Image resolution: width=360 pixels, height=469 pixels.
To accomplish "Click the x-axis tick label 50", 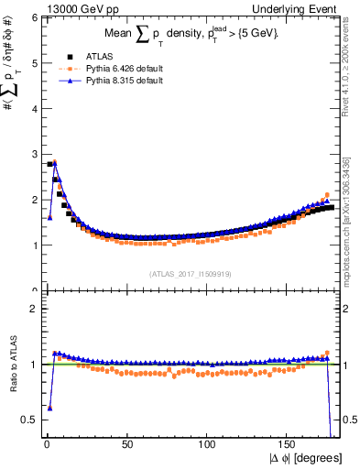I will coord(127,444).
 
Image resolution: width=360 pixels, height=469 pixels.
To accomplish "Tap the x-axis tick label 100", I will coord(208,444).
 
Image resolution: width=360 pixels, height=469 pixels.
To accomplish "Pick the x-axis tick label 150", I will coord(289,444).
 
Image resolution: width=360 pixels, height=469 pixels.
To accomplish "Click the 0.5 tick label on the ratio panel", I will coord(28,420).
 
